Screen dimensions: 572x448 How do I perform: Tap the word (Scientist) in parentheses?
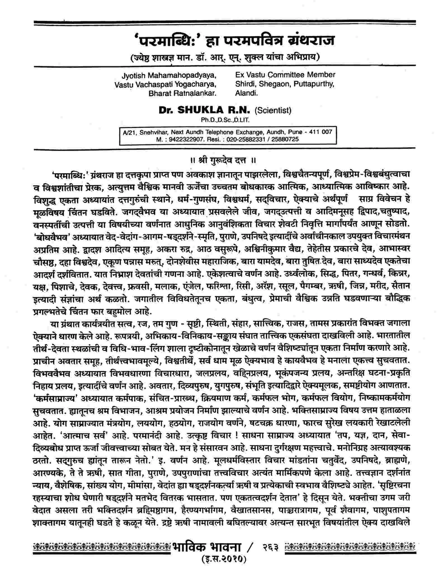pos(273,110)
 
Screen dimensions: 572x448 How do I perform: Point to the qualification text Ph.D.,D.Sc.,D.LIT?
pos(225,120)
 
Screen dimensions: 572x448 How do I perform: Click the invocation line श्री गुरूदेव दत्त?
pos(222,161)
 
